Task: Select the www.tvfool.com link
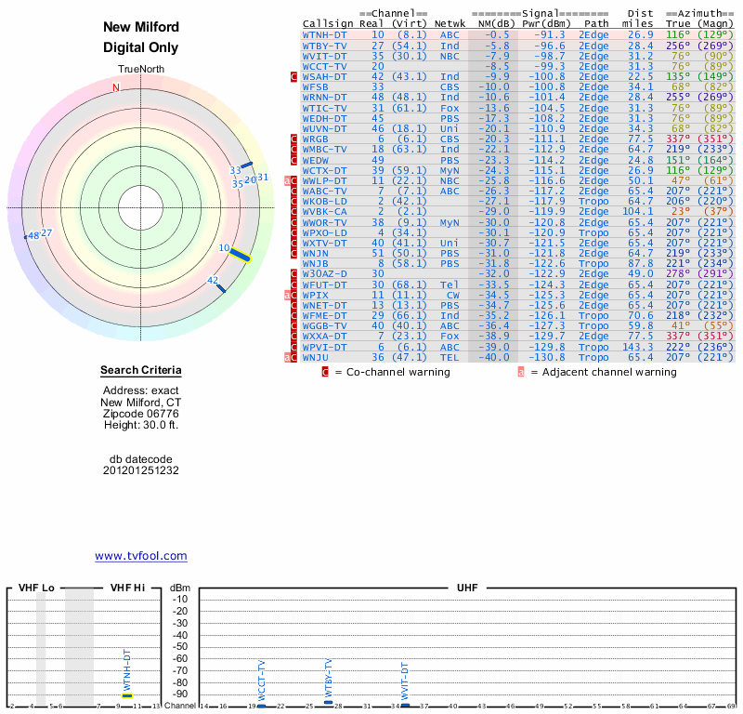pyautogui.click(x=141, y=556)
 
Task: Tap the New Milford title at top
pyautogui.click(x=141, y=27)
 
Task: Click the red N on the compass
pyautogui.click(x=116, y=87)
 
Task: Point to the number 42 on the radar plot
pyautogui.click(x=213, y=280)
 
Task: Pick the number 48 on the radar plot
pyautogui.click(x=33, y=235)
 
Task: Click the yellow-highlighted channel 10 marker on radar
pyautogui.click(x=240, y=254)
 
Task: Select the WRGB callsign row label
pyautogui.click(x=319, y=139)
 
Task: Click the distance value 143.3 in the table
pyautogui.click(x=640, y=346)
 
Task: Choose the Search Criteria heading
pyautogui.click(x=141, y=370)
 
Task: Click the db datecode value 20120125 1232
pyautogui.click(x=141, y=470)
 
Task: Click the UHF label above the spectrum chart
pyautogui.click(x=469, y=588)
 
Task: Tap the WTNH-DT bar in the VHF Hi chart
pyautogui.click(x=127, y=694)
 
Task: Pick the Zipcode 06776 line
pyautogui.click(x=141, y=413)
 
